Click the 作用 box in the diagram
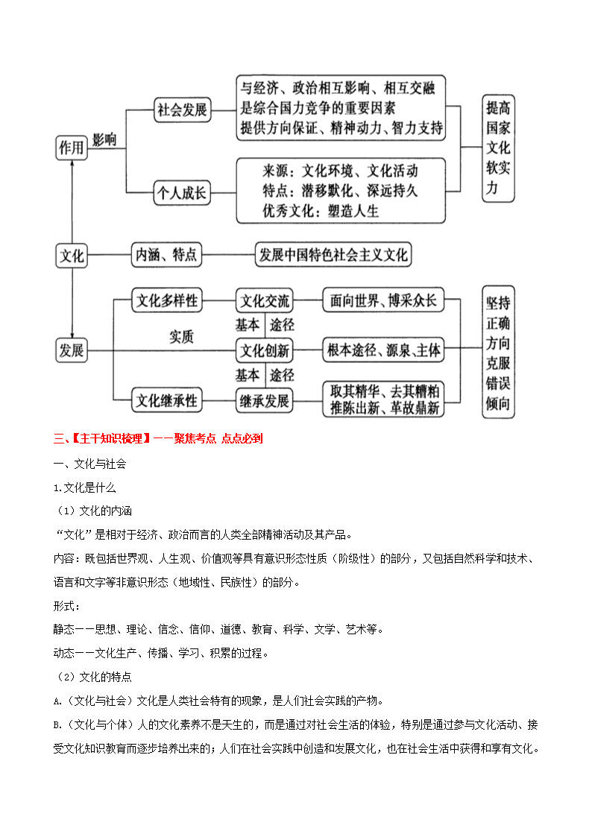72,148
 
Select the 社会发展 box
182,110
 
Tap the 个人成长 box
182,193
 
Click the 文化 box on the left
72,255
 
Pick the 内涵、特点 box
166,255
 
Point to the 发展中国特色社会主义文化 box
333,255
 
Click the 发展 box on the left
72,351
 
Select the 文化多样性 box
167,300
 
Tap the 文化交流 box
264,300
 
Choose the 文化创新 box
264,350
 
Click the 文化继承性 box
167,400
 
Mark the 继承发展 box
264,400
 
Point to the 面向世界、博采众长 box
383,300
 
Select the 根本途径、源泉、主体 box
383,350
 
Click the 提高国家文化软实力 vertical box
499,148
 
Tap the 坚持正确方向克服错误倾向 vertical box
499,353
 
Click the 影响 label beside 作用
104,140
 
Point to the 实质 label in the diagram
181,337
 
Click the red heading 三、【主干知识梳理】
101,439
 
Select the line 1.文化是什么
84,487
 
